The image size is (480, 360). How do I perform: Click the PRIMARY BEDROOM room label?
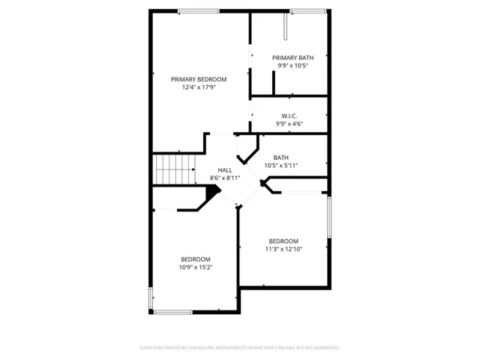click(199, 79)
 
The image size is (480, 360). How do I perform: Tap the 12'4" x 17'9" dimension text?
click(199, 87)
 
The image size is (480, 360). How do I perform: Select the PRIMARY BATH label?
click(292, 58)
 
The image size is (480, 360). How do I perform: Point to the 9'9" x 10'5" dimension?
click(292, 65)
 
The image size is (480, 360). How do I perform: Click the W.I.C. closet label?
click(289, 115)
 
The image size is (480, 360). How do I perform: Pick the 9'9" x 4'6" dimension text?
click(289, 123)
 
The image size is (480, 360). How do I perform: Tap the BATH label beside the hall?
click(281, 157)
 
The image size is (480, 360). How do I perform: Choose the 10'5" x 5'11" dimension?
click(281, 165)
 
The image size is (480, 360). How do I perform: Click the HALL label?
click(225, 170)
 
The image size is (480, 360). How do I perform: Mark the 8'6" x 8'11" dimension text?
click(225, 178)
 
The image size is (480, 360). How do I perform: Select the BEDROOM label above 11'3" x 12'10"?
click(284, 241)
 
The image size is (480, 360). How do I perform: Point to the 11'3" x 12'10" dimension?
click(284, 249)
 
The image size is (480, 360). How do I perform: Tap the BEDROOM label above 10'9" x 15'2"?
click(195, 259)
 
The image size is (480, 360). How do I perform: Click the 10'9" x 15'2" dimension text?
click(195, 266)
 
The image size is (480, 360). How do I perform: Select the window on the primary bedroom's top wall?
click(199, 10)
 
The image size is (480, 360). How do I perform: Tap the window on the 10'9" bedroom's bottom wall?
click(173, 311)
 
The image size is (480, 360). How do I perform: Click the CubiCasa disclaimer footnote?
click(240, 347)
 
